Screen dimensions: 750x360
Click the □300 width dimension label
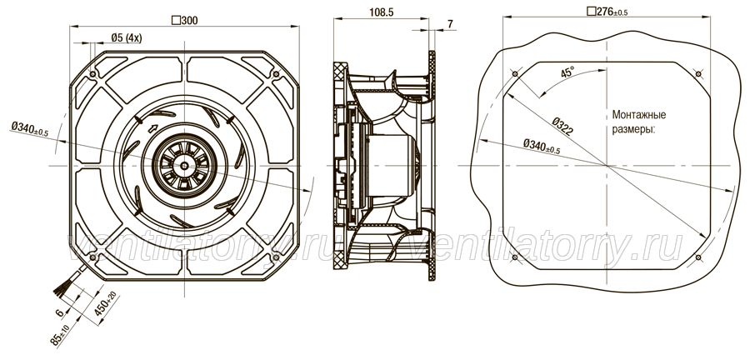(x=184, y=20)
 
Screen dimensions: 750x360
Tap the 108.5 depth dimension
(x=381, y=12)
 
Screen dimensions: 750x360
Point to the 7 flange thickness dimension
(x=450, y=23)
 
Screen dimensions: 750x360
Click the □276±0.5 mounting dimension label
(x=607, y=12)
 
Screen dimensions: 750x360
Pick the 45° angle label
(x=567, y=72)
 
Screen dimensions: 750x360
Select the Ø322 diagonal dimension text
(x=562, y=126)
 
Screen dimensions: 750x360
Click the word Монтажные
(x=639, y=115)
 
